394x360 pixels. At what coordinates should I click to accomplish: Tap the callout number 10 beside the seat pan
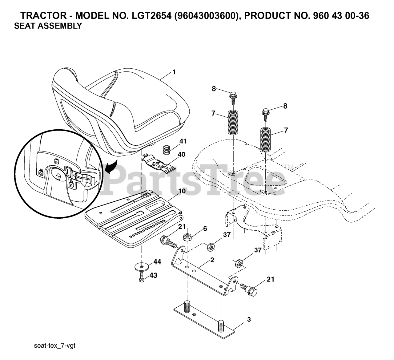[182, 191]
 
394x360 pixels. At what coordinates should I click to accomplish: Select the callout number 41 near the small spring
[183, 141]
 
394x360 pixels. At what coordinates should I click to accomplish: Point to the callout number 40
[181, 154]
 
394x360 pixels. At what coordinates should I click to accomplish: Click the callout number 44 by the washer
[157, 262]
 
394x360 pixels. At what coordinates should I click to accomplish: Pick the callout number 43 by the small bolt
[153, 275]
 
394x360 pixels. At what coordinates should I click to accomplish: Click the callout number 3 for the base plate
[249, 320]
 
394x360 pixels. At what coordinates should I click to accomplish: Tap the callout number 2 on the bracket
[212, 260]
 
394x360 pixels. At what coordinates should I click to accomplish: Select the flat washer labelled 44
[141, 266]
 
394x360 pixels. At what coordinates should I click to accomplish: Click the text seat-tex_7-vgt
[55, 346]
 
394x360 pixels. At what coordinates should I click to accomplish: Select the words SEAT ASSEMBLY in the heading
[48, 26]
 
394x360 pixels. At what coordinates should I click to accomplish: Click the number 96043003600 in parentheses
[206, 16]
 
